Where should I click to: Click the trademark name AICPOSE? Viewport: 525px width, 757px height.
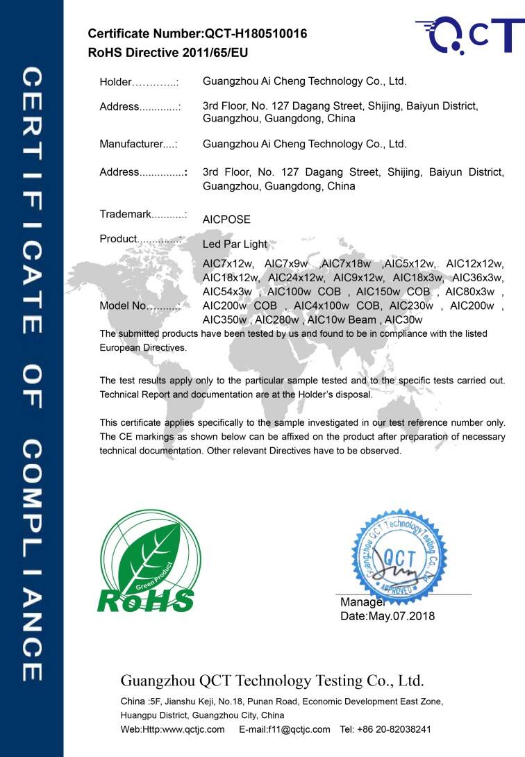226,219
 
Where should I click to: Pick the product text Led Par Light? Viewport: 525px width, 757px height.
235,244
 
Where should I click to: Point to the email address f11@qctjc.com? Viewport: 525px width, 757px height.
285,729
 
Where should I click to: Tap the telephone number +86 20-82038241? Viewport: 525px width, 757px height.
394,729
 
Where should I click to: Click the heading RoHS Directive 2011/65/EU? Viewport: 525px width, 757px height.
168,52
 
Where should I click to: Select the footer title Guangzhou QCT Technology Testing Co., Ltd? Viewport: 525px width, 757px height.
272,679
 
